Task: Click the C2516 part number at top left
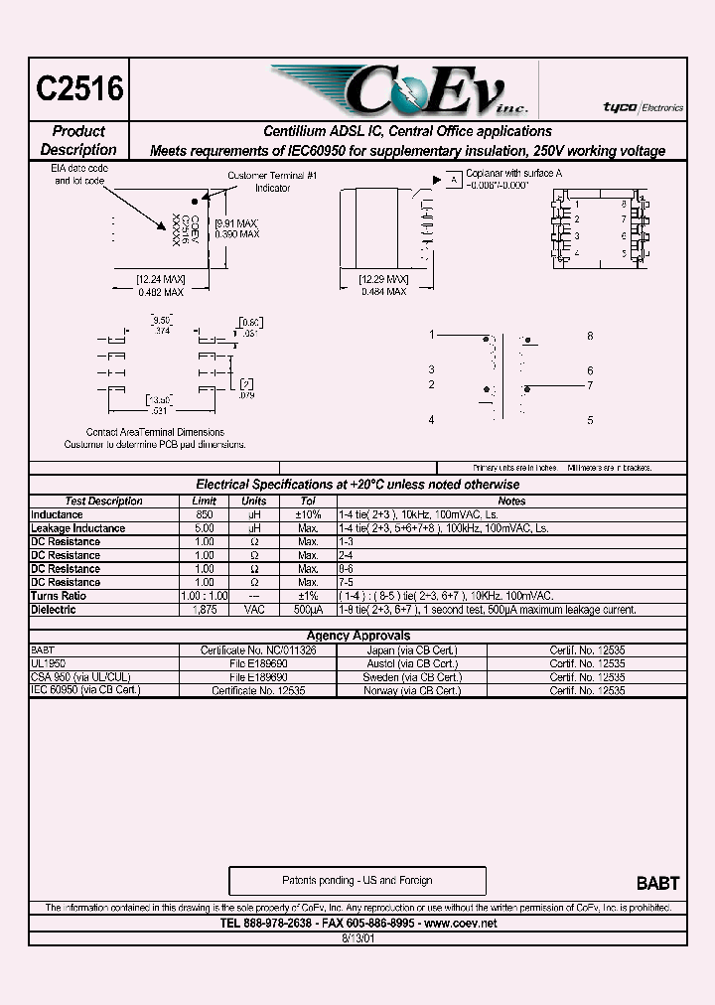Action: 80,89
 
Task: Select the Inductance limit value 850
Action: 204,514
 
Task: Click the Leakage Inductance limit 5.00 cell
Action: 204,528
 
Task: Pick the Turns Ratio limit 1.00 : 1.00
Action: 204,596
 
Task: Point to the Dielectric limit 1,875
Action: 204,610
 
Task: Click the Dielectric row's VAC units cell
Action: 254,610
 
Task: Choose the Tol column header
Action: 308,502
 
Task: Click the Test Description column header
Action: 103,502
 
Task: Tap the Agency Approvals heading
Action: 357,636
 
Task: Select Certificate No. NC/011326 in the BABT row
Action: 258,649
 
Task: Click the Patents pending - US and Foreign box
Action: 357,881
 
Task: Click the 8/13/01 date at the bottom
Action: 357,937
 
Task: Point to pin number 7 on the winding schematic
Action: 590,385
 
